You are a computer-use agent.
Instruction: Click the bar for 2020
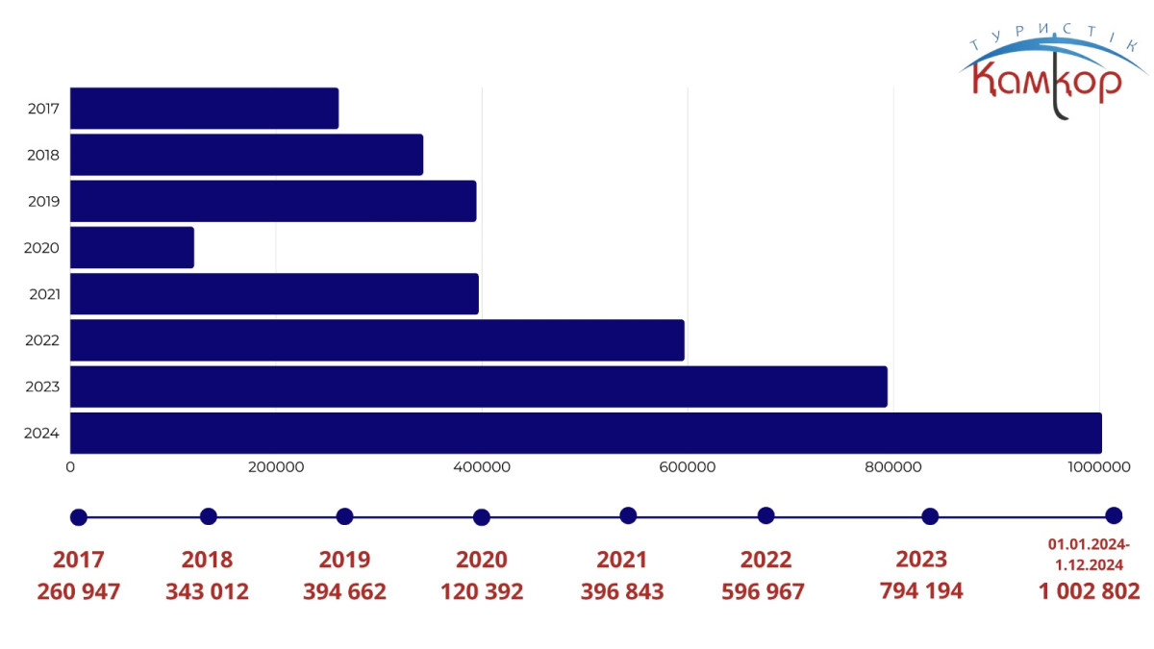132,247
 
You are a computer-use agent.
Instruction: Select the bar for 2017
204,108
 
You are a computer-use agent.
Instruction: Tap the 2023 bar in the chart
478,387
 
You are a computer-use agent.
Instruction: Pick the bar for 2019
273,201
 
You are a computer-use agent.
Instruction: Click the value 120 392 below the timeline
482,591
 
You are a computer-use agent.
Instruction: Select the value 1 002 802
1089,591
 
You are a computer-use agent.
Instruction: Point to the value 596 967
764,591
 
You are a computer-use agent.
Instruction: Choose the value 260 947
79,591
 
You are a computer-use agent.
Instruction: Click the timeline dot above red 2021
628,515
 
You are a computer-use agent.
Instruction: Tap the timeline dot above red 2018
208,516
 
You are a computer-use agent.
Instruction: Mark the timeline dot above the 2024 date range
1114,515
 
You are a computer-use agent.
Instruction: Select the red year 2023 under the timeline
921,560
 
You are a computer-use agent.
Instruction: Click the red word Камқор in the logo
1046,83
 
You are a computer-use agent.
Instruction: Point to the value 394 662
344,591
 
